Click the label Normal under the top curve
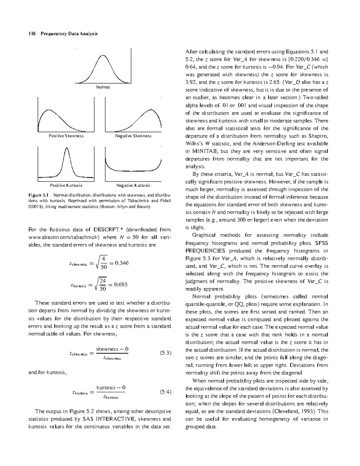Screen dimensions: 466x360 click(103, 87)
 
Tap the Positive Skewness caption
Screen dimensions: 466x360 click(66, 136)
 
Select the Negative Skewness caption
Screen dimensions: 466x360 click(133, 136)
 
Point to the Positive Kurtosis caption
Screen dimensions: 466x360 click(66, 185)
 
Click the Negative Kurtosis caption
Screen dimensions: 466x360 click(133, 185)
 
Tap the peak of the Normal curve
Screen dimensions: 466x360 click(103, 55)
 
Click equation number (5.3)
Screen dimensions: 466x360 click(165, 353)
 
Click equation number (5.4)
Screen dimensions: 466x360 click(165, 392)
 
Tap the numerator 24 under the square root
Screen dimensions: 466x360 click(103, 281)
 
